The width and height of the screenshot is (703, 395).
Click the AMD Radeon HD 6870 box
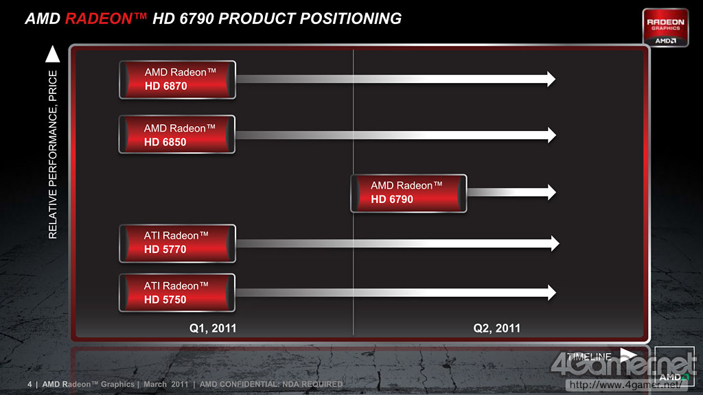[x=178, y=80]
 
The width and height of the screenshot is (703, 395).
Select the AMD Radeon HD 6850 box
[x=177, y=134]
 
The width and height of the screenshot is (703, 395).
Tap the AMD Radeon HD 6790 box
[x=408, y=193]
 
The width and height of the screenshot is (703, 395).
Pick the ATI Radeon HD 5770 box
[x=178, y=243]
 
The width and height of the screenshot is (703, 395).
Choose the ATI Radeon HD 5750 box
[x=177, y=293]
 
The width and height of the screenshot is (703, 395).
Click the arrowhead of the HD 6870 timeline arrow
[x=551, y=80]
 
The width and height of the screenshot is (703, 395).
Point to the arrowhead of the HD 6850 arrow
[x=552, y=135]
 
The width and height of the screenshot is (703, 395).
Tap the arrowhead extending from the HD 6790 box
[x=552, y=192]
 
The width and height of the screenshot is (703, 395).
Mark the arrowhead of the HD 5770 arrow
[x=555, y=243]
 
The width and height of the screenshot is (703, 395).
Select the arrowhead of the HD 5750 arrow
[x=552, y=293]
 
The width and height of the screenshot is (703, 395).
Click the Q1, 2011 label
[x=213, y=328]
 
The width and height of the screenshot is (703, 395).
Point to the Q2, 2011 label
[x=497, y=328]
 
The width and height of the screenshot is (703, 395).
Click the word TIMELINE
[x=589, y=357]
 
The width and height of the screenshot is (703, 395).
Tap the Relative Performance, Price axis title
[x=53, y=154]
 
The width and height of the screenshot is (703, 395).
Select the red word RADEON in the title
[x=99, y=19]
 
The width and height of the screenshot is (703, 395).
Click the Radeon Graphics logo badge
[x=665, y=27]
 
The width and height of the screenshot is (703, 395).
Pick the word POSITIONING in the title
[x=351, y=19]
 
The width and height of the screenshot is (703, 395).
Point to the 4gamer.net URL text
[x=625, y=385]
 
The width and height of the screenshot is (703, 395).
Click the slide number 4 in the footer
[x=30, y=384]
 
